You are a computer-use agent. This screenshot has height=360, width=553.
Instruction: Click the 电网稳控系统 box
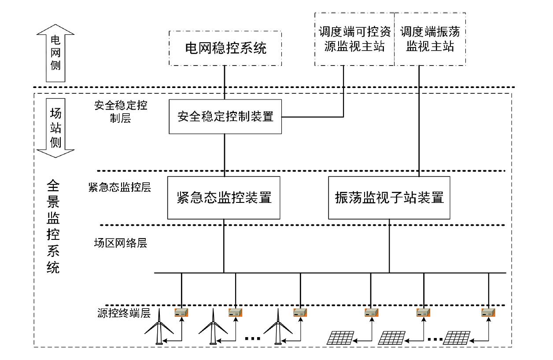(225, 48)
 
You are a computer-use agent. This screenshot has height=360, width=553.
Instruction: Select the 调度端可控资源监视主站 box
(354, 39)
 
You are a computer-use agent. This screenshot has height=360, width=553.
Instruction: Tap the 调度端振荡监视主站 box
(430, 39)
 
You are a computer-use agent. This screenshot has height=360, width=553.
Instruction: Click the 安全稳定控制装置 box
(225, 117)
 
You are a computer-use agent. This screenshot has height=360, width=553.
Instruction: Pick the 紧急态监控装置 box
(224, 198)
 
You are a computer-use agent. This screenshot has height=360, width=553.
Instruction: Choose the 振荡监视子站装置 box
(389, 198)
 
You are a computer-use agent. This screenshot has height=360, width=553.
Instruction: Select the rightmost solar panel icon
(457, 338)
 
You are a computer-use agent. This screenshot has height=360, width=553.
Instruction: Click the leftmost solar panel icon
(340, 338)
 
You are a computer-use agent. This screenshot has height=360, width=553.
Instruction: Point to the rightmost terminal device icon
(489, 313)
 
